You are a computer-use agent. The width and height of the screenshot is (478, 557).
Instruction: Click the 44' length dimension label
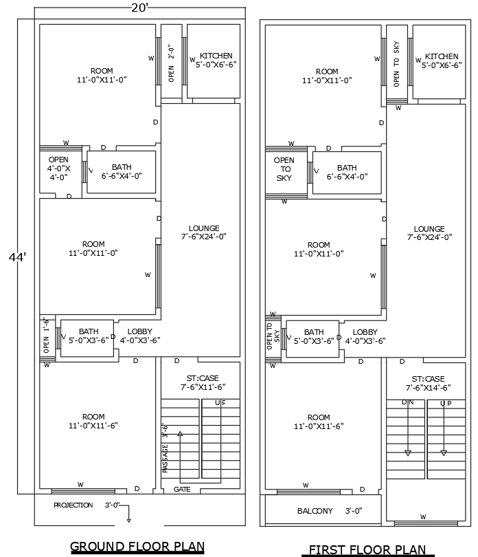pyautogui.click(x=17, y=257)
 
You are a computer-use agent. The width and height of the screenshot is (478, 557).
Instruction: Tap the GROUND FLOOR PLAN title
pyautogui.click(x=137, y=547)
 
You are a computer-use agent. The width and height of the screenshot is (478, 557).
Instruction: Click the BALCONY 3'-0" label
pyautogui.click(x=329, y=511)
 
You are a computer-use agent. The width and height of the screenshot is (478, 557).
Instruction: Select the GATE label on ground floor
pyautogui.click(x=182, y=490)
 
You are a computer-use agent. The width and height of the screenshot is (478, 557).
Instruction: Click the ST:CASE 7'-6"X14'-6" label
pyautogui.click(x=428, y=384)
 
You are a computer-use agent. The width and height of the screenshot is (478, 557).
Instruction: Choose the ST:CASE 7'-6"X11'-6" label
pyautogui.click(x=202, y=383)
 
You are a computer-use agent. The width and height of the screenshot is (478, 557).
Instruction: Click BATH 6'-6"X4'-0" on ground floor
pyautogui.click(x=122, y=171)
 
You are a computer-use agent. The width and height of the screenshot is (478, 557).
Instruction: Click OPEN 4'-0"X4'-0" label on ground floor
pyautogui.click(x=58, y=168)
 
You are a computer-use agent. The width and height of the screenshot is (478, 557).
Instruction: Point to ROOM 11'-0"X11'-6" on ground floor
pyautogui.click(x=93, y=421)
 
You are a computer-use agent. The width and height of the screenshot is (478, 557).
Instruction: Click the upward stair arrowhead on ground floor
pyautogui.click(x=181, y=434)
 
